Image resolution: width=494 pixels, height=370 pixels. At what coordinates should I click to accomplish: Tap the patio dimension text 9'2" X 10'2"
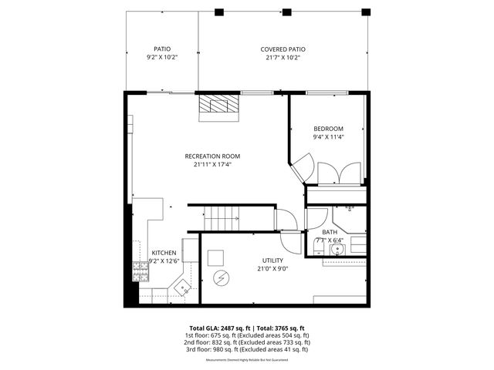point(162,57)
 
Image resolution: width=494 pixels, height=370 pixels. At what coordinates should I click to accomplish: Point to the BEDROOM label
point(328,129)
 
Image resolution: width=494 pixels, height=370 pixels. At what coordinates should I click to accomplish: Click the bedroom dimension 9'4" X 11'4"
point(328,137)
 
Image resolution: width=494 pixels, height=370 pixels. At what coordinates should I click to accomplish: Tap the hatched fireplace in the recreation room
point(218,106)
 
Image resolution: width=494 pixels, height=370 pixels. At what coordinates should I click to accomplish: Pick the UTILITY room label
point(272,261)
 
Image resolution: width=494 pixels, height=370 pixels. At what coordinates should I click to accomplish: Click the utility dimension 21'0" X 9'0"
point(272,269)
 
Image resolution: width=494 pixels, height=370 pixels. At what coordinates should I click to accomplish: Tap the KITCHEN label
point(163,253)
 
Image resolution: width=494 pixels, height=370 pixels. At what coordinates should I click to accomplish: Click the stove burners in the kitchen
point(141,271)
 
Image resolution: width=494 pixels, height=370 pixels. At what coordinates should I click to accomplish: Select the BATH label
point(330,232)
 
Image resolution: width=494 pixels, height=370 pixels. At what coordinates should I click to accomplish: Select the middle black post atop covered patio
point(287,12)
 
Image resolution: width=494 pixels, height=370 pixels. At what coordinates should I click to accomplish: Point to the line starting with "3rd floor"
point(247,349)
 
